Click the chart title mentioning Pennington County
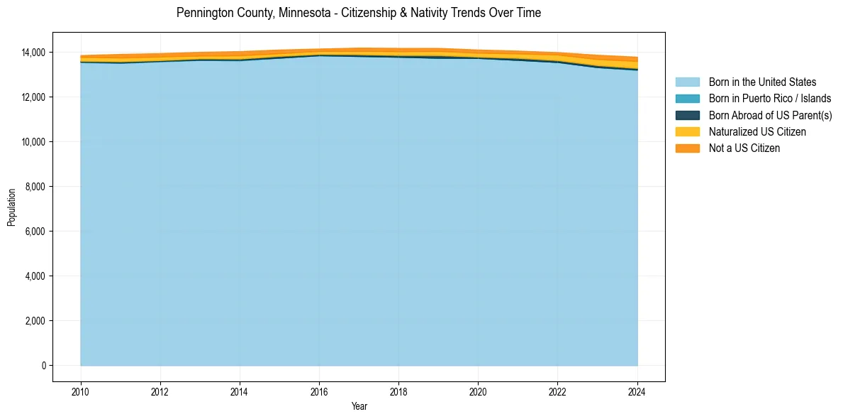pyautogui.click(x=359, y=13)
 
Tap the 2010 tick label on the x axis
pyautogui.click(x=81, y=391)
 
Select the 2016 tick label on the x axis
pyautogui.click(x=319, y=391)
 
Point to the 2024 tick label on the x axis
pyautogui.click(x=637, y=391)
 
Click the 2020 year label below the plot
pyautogui.click(x=479, y=391)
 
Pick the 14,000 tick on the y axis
pyautogui.click(x=33, y=53)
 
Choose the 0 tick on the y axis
pyautogui.click(x=43, y=366)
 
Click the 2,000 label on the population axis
pyautogui.click(x=35, y=321)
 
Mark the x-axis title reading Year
pyautogui.click(x=359, y=406)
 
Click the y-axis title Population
pyautogui.click(x=11, y=207)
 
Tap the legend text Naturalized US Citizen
pyautogui.click(x=757, y=132)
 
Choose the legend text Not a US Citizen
pyautogui.click(x=744, y=148)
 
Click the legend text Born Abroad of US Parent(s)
pyautogui.click(x=770, y=116)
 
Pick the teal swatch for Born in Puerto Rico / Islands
pyautogui.click(x=687, y=99)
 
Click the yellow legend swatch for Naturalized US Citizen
pyautogui.click(x=687, y=132)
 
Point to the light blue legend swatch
pyautogui.click(x=687, y=82)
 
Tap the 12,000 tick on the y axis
pyautogui.click(x=33, y=97)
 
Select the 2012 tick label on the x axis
pyautogui.click(x=160, y=391)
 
